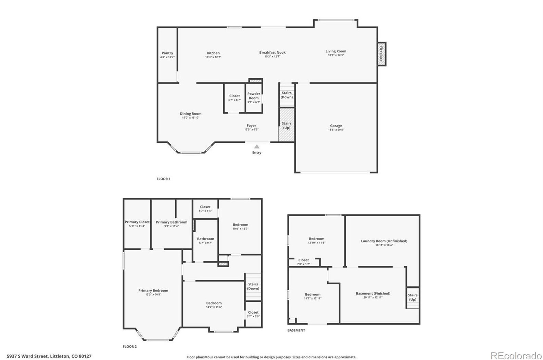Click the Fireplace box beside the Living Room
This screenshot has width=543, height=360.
[x=381, y=54]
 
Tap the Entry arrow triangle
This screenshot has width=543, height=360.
[x=256, y=146]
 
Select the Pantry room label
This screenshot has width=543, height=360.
[x=167, y=53]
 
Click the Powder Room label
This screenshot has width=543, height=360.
[x=254, y=96]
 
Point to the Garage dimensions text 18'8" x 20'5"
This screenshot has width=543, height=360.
[x=336, y=130]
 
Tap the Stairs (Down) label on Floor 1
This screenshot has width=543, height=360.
[x=287, y=95]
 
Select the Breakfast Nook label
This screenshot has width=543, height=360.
[x=272, y=52]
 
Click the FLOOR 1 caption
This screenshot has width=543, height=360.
[x=163, y=179]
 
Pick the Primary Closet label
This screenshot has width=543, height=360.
[x=137, y=222]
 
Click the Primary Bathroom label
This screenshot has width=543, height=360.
[x=172, y=222]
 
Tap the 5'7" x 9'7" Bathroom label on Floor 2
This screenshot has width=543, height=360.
[x=205, y=243]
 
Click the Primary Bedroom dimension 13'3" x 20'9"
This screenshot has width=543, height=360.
[x=153, y=294]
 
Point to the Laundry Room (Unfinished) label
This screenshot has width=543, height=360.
[x=384, y=241]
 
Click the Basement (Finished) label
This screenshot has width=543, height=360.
[x=373, y=293]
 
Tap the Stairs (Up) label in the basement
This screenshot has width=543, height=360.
[x=413, y=297]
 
